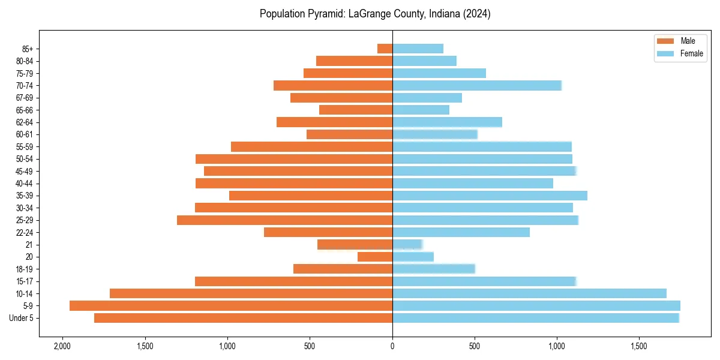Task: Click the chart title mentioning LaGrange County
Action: (x=375, y=14)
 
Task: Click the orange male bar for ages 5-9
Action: (x=231, y=305)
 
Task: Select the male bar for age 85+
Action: (x=385, y=49)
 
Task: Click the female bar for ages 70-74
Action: (x=477, y=85)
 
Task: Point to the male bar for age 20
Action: (x=375, y=257)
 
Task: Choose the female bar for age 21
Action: (x=407, y=244)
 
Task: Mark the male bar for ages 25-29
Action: (x=285, y=220)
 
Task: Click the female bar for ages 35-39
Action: (x=490, y=196)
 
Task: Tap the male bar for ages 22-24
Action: (x=328, y=232)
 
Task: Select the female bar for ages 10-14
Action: (x=529, y=293)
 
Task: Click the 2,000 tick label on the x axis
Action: (x=62, y=346)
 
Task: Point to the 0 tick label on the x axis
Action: (x=392, y=346)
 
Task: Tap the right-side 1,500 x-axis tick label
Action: (x=639, y=346)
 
